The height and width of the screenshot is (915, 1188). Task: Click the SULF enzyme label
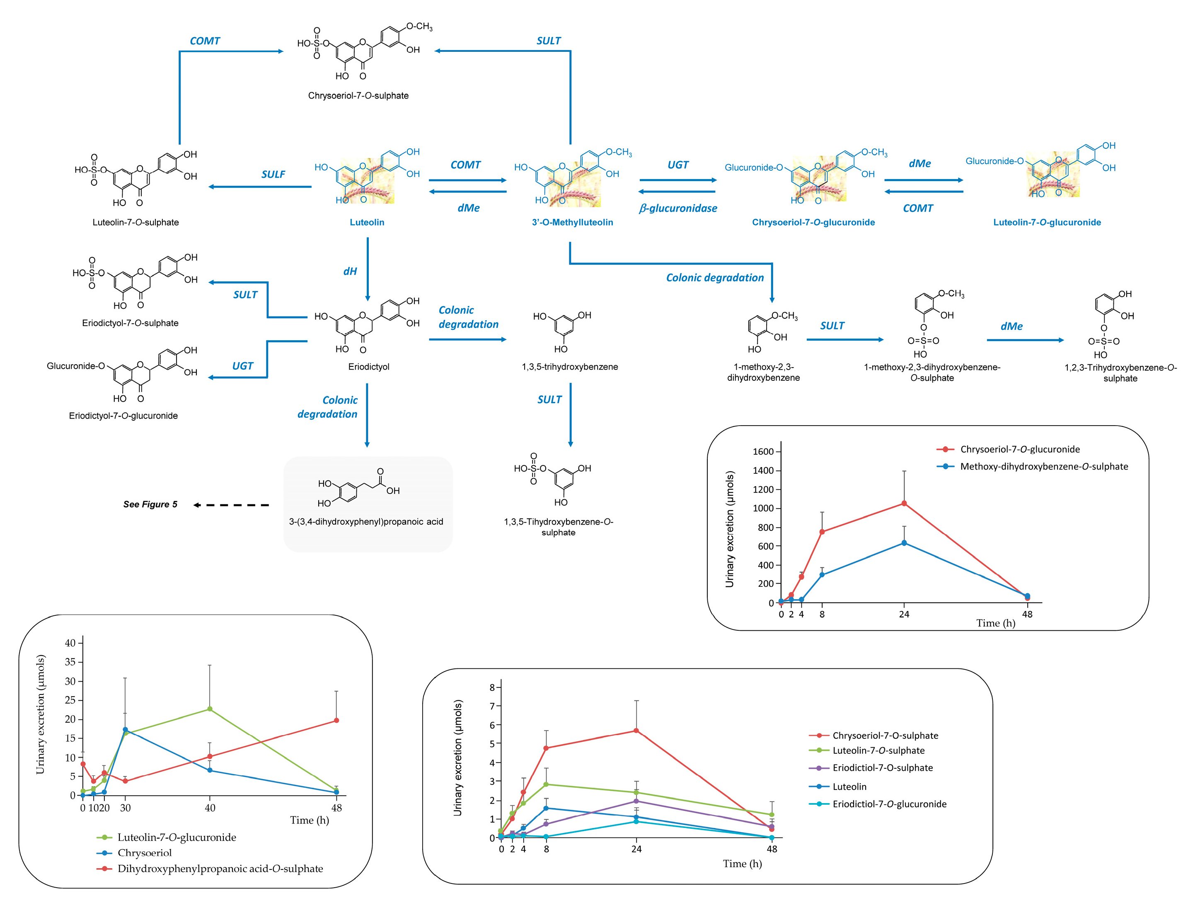[273, 174]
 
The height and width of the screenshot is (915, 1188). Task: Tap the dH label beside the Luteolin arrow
[350, 271]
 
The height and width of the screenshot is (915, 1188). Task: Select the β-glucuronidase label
[678, 208]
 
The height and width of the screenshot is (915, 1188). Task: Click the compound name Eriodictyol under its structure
[369, 367]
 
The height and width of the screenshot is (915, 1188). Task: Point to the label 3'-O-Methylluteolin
[572, 222]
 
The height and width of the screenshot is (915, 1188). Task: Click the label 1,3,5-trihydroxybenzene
[569, 367]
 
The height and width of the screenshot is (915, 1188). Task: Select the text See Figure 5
[150, 504]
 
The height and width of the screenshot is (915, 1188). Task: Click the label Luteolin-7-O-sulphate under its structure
[135, 222]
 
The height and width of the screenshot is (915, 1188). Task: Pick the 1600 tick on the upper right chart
[762, 452]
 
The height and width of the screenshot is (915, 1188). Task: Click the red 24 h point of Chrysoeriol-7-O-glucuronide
[904, 503]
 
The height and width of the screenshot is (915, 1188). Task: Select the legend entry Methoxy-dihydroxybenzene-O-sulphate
[1043, 466]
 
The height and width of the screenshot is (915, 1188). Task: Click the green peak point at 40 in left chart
[210, 709]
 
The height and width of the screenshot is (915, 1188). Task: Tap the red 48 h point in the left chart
[336, 720]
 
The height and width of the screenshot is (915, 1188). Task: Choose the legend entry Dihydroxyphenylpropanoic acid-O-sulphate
[220, 869]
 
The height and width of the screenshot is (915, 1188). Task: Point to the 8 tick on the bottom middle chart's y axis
[492, 687]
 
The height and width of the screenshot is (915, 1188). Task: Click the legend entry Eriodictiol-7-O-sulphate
[882, 767]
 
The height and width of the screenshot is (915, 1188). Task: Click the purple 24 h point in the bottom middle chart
[636, 801]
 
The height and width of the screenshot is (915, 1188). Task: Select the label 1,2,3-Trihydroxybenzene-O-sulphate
[1120, 373]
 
